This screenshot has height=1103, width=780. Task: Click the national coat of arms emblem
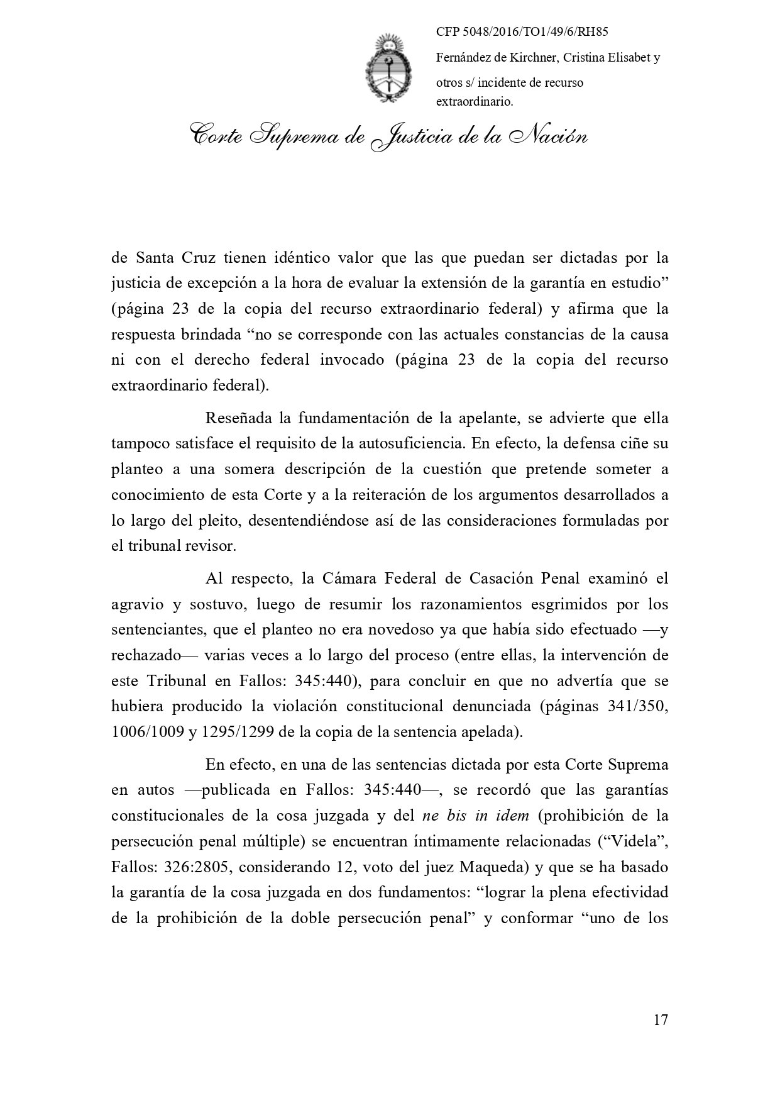point(390,68)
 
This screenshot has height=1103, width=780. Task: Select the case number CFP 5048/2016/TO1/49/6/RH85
point(525,32)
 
